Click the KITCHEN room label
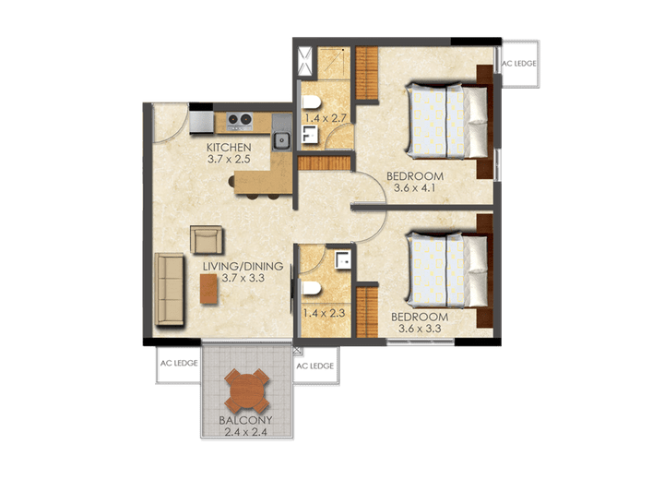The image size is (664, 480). pos(229,148)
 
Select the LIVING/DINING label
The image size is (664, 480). pos(243,267)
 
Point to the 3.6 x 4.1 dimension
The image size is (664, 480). pos(414,188)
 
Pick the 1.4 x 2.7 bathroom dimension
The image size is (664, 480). pos(325,118)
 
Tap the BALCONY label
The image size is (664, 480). pos(246,420)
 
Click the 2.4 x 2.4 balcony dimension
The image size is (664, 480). pos(246,431)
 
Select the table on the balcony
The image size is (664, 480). pos(247,390)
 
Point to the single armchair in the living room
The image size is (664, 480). pos(207,239)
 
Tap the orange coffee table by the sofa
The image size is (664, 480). pos(210,289)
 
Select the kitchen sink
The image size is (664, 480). pos(283,141)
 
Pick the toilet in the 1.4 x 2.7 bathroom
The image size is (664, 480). pos(310,100)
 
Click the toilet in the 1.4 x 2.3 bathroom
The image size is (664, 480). pos(310,289)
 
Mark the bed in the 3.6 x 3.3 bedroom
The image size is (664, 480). pos(448,269)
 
